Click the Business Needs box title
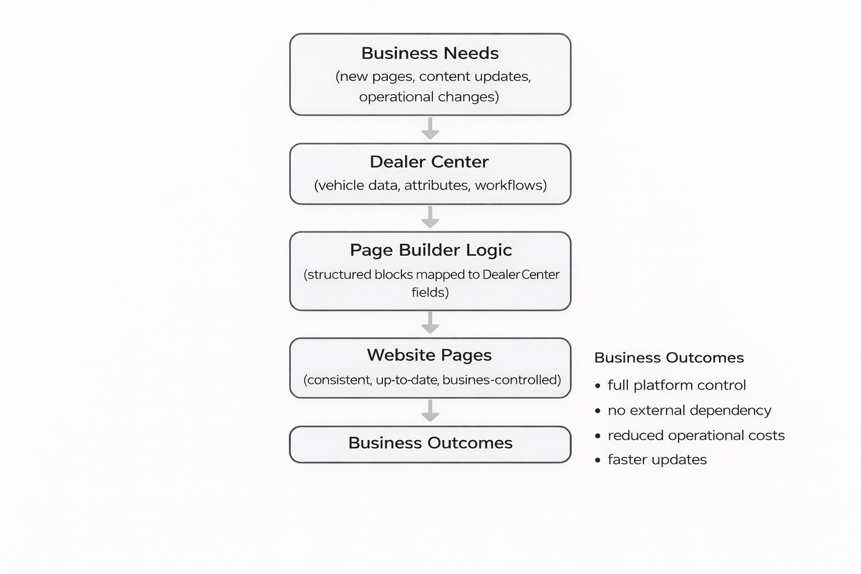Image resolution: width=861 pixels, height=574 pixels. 430,53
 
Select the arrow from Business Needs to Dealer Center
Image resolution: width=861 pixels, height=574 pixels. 430,128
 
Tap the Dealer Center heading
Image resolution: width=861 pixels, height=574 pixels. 429,162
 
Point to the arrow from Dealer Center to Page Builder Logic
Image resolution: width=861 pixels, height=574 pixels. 430,217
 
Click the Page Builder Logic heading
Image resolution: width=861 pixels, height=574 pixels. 430,250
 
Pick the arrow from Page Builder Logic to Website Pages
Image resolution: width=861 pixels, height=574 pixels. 430,323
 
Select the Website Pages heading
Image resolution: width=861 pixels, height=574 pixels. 429,355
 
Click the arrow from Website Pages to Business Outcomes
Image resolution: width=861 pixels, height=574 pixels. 430,411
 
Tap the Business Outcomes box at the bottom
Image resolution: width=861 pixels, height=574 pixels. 430,443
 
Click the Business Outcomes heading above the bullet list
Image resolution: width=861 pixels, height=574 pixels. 669,358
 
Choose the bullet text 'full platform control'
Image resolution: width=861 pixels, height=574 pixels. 677,385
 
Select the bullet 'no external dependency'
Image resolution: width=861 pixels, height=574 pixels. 689,410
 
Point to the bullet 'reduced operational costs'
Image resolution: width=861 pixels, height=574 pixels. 696,436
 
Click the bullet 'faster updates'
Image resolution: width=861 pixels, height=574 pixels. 657,460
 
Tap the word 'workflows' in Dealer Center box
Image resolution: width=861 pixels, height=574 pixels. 510,186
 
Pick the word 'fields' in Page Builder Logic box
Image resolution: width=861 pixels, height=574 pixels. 428,292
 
